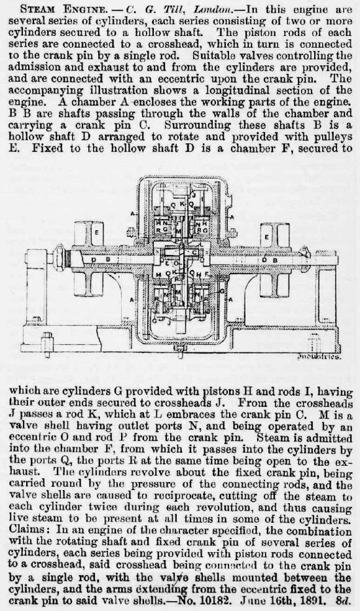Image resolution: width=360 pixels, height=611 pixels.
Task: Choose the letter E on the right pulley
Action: [267, 237]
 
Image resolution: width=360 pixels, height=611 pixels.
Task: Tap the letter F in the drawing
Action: [200, 274]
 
